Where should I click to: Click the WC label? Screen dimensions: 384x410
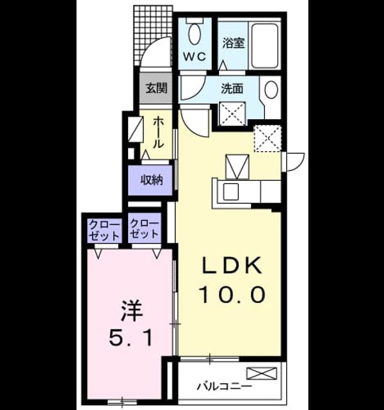tap(195, 56)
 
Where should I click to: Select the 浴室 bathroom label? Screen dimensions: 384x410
tap(234, 43)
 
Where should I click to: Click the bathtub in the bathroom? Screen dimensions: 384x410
tap(264, 45)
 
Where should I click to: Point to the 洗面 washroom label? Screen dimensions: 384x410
tap(232, 88)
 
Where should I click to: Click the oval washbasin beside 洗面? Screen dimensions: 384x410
tap(271, 90)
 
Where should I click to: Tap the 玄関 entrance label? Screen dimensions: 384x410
tap(156, 88)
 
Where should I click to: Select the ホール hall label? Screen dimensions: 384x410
tap(158, 133)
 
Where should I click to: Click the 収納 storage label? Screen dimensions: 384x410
tap(152, 180)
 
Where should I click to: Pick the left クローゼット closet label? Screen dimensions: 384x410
tap(104, 230)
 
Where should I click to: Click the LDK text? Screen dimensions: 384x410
tap(232, 265)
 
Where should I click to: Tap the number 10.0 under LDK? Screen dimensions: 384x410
tap(232, 295)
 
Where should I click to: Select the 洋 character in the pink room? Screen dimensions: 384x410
tap(132, 311)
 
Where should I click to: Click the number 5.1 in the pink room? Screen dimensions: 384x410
tap(131, 338)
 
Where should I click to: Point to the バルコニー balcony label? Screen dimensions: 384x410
tap(225, 386)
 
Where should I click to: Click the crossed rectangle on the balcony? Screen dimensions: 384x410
tap(262, 373)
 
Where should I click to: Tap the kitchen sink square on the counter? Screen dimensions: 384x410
tap(230, 192)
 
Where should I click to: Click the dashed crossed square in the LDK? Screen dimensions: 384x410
tap(268, 138)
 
